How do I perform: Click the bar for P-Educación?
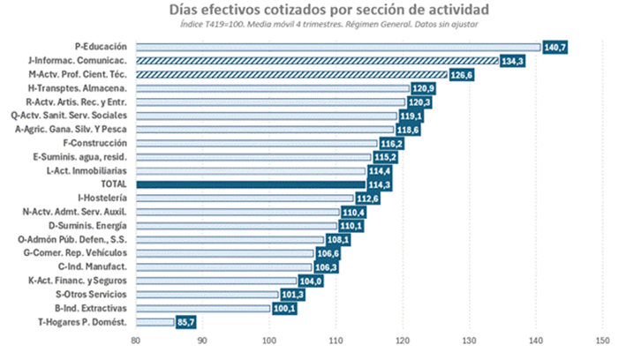[x=337, y=47]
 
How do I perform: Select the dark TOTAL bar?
[x=250, y=184]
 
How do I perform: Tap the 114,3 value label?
[x=380, y=184]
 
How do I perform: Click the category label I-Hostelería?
[x=102, y=198]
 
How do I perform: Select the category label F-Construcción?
[x=96, y=143]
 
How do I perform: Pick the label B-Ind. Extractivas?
[x=91, y=307]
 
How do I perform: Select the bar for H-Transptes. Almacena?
[x=272, y=88]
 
